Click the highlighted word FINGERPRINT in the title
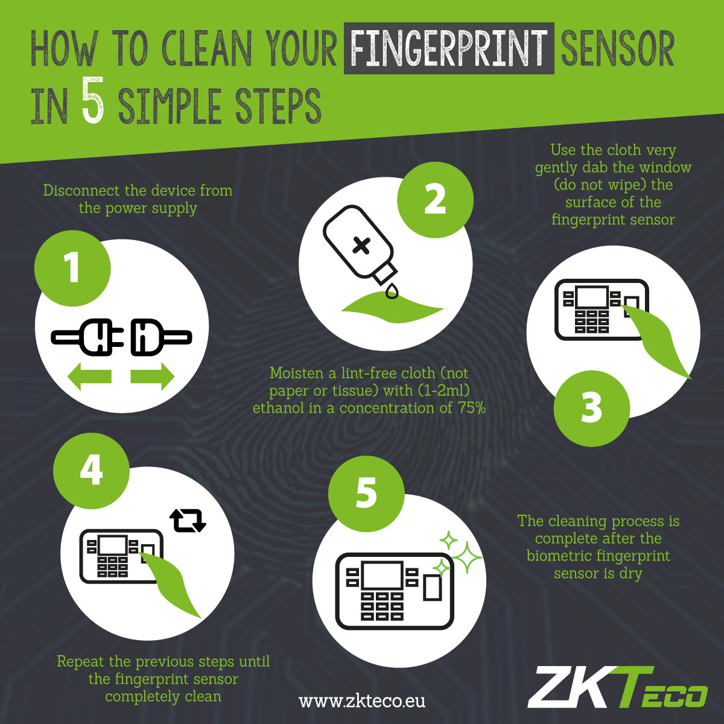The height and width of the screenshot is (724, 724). coord(448,48)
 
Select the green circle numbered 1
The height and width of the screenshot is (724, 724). coord(72,267)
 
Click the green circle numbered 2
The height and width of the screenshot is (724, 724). coord(435,200)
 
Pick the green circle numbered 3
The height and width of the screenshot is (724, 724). coord(591,407)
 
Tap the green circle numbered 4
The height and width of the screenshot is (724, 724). coord(91,469)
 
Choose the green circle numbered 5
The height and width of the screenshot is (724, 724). coord(366,492)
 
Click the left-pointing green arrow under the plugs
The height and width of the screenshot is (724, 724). coord(90,377)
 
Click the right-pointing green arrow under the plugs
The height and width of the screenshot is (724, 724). coord(152,377)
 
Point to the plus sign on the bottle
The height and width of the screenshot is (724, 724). coord(361,245)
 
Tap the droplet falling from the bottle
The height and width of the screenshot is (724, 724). coord(393,291)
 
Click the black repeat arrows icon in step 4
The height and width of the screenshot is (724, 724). coord(188,521)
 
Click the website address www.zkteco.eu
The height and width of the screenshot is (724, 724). coord(362,700)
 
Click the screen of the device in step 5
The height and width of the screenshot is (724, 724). coord(381,575)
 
